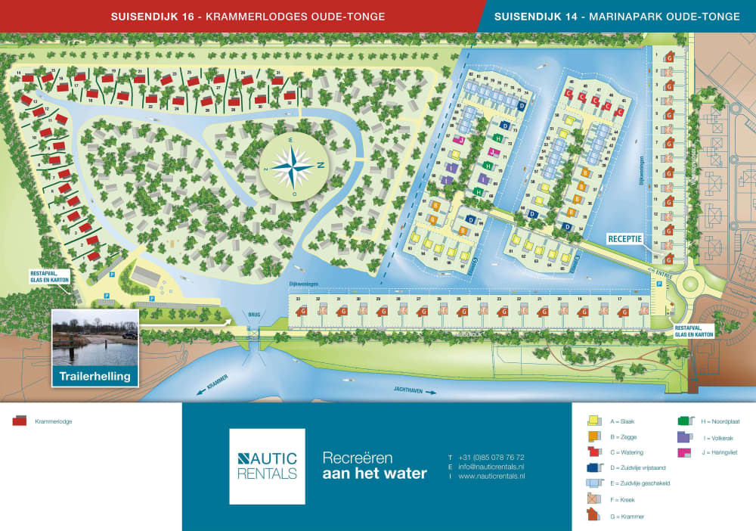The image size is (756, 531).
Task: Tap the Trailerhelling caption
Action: [95, 376]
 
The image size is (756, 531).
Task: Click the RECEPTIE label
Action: [625, 238]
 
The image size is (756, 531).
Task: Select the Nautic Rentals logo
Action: [267, 466]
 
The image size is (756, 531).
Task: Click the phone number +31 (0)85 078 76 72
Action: [491, 458]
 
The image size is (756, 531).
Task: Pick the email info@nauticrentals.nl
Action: [491, 467]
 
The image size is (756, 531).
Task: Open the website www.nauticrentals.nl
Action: [491, 477]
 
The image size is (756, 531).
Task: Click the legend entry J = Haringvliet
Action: [718, 452]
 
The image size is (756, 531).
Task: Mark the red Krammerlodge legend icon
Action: [20, 421]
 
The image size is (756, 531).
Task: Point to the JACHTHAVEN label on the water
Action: [409, 390]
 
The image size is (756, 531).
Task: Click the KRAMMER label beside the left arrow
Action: [218, 386]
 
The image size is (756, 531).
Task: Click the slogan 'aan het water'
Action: [374, 474]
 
